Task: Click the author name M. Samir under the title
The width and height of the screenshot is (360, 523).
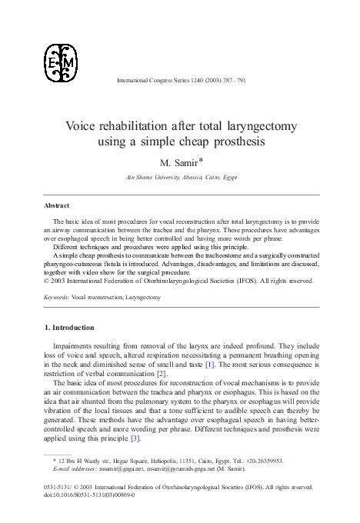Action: point(175,163)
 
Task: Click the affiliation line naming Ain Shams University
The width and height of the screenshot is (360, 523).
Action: point(179,177)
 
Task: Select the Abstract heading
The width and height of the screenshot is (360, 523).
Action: point(56,206)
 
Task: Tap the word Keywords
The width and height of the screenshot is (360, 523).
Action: point(57,295)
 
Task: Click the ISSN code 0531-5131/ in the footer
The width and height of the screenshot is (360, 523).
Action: point(58,487)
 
